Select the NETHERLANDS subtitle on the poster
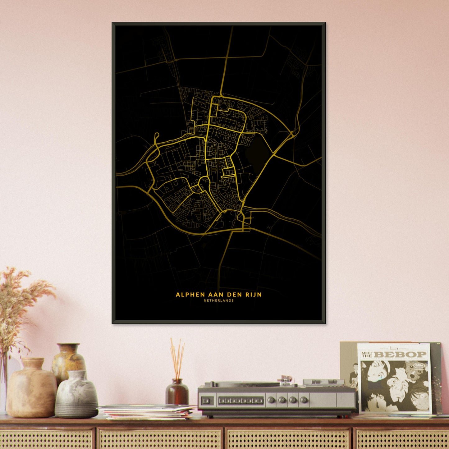tap(219, 300)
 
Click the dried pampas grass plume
tap(19, 298)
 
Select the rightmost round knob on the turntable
tap(304, 400)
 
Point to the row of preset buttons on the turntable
tap(241, 401)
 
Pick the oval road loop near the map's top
tap(223, 106)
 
